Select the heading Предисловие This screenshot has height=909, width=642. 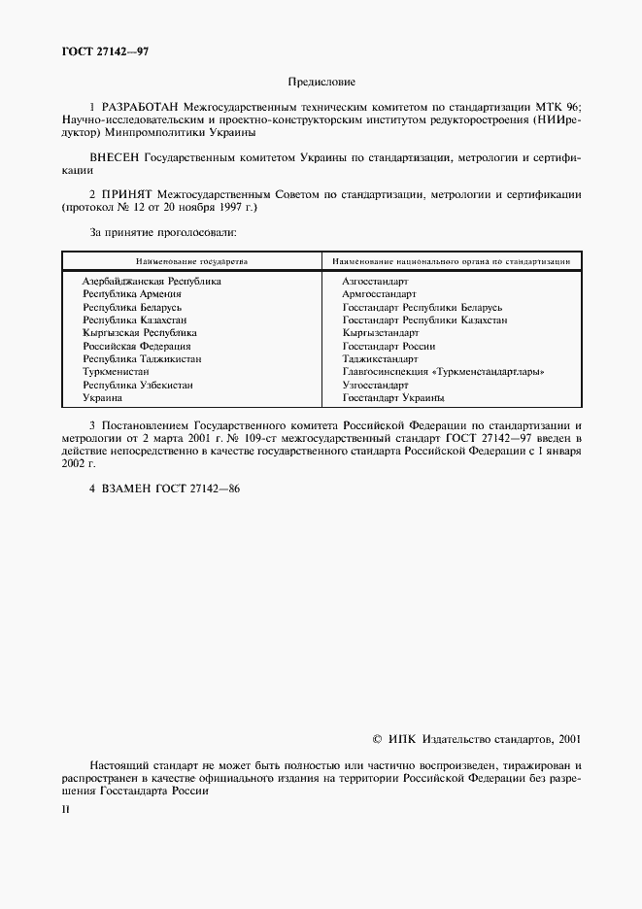[x=321, y=84]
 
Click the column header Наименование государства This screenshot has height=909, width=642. [x=192, y=261]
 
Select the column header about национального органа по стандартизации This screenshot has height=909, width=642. [x=451, y=261]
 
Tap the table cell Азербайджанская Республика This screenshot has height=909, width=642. [x=152, y=281]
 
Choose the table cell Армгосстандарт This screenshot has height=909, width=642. [x=380, y=293]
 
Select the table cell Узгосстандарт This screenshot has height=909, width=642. [x=375, y=386]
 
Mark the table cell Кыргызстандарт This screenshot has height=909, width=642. [x=381, y=333]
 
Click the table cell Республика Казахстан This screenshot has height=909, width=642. [x=135, y=320]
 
